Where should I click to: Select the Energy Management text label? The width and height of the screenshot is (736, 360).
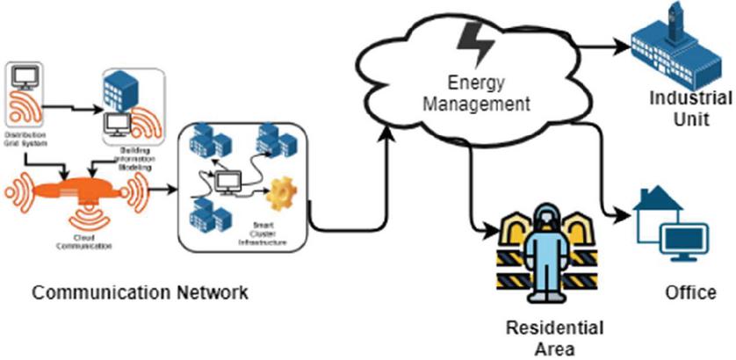477,93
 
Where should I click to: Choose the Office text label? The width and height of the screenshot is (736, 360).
690,292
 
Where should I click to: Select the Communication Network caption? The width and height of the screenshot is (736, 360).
140,292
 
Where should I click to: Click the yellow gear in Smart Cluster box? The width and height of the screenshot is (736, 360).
281,191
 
